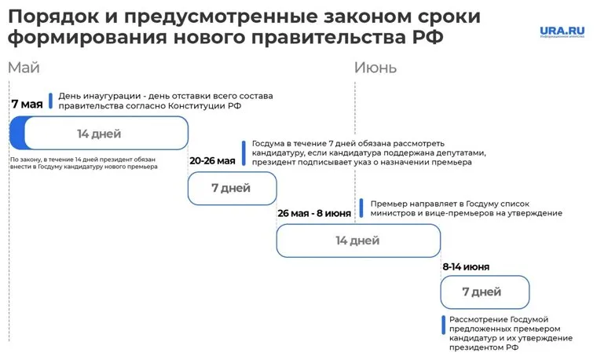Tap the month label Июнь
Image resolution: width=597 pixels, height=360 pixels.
375,68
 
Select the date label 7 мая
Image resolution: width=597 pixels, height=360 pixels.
27,103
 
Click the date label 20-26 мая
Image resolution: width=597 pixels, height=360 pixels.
212,160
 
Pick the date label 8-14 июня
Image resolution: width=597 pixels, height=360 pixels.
465,266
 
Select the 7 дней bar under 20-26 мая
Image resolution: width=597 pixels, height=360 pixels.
232,188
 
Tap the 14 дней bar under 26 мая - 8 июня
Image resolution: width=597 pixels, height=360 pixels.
357,241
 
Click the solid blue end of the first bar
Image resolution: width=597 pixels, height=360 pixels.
16,133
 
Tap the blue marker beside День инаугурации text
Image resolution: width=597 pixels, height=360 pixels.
50,101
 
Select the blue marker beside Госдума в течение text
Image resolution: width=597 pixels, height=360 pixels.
244,152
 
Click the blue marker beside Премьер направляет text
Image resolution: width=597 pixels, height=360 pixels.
361,207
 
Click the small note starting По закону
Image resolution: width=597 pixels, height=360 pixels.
82,163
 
